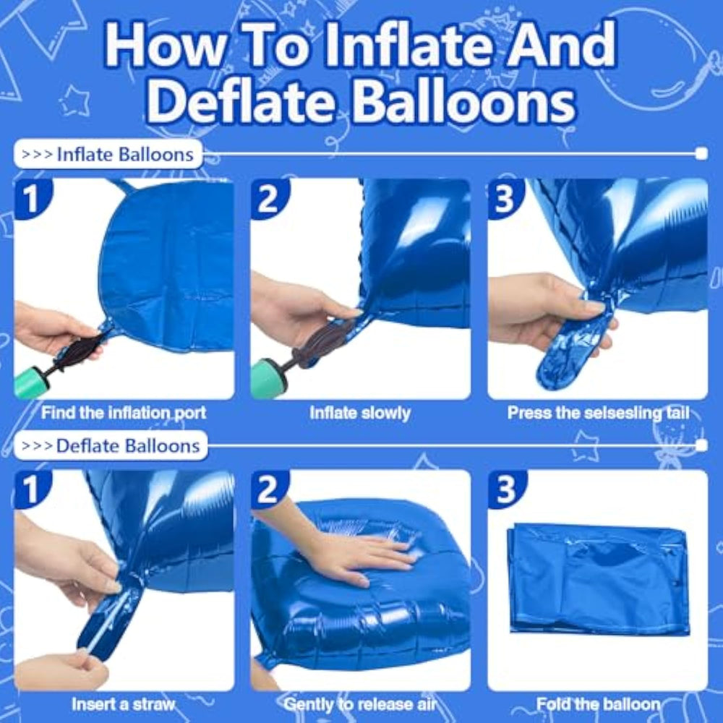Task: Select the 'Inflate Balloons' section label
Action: (108, 154)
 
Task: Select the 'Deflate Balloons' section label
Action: (111, 445)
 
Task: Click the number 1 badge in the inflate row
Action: (31, 198)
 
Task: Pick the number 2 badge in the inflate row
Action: (268, 198)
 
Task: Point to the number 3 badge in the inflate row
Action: (505, 198)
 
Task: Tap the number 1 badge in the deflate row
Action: (31, 489)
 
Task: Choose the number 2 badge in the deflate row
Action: (268, 489)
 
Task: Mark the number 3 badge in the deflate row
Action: (505, 489)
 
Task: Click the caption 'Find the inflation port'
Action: (124, 413)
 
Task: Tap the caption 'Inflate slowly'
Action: (360, 413)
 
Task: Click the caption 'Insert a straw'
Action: (124, 704)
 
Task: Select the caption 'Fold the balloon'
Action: (598, 704)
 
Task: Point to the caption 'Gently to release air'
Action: (360, 704)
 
